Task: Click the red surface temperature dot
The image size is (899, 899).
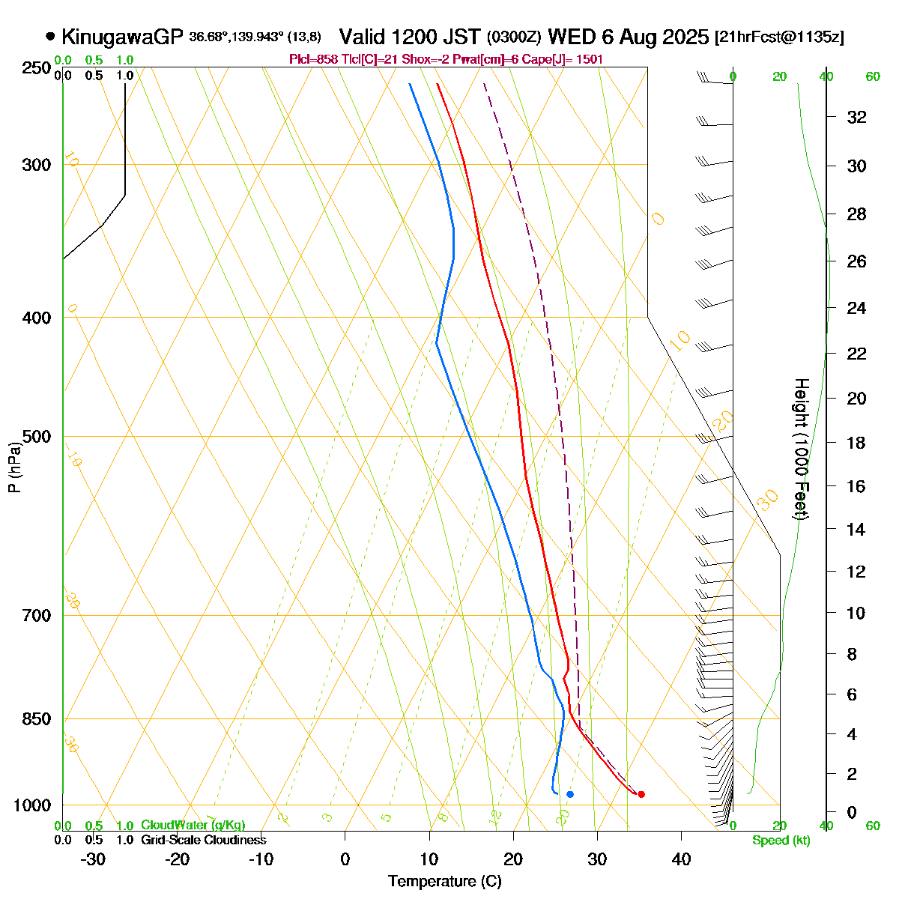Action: [641, 794]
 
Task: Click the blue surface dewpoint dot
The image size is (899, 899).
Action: [570, 794]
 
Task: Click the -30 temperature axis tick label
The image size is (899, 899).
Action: [93, 859]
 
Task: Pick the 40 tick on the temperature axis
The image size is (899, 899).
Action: [681, 859]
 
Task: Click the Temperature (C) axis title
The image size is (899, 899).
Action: [445, 882]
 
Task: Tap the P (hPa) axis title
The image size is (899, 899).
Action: [14, 467]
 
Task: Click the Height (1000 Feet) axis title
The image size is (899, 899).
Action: [801, 449]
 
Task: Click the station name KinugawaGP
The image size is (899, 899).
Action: [122, 37]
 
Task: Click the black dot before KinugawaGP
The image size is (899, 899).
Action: [50, 36]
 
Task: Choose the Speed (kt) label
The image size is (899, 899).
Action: [781, 841]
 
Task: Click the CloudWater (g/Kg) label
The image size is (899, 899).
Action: [193, 826]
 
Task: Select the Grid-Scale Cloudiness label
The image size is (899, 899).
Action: [203, 841]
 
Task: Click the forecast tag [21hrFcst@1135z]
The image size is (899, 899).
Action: [779, 37]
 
